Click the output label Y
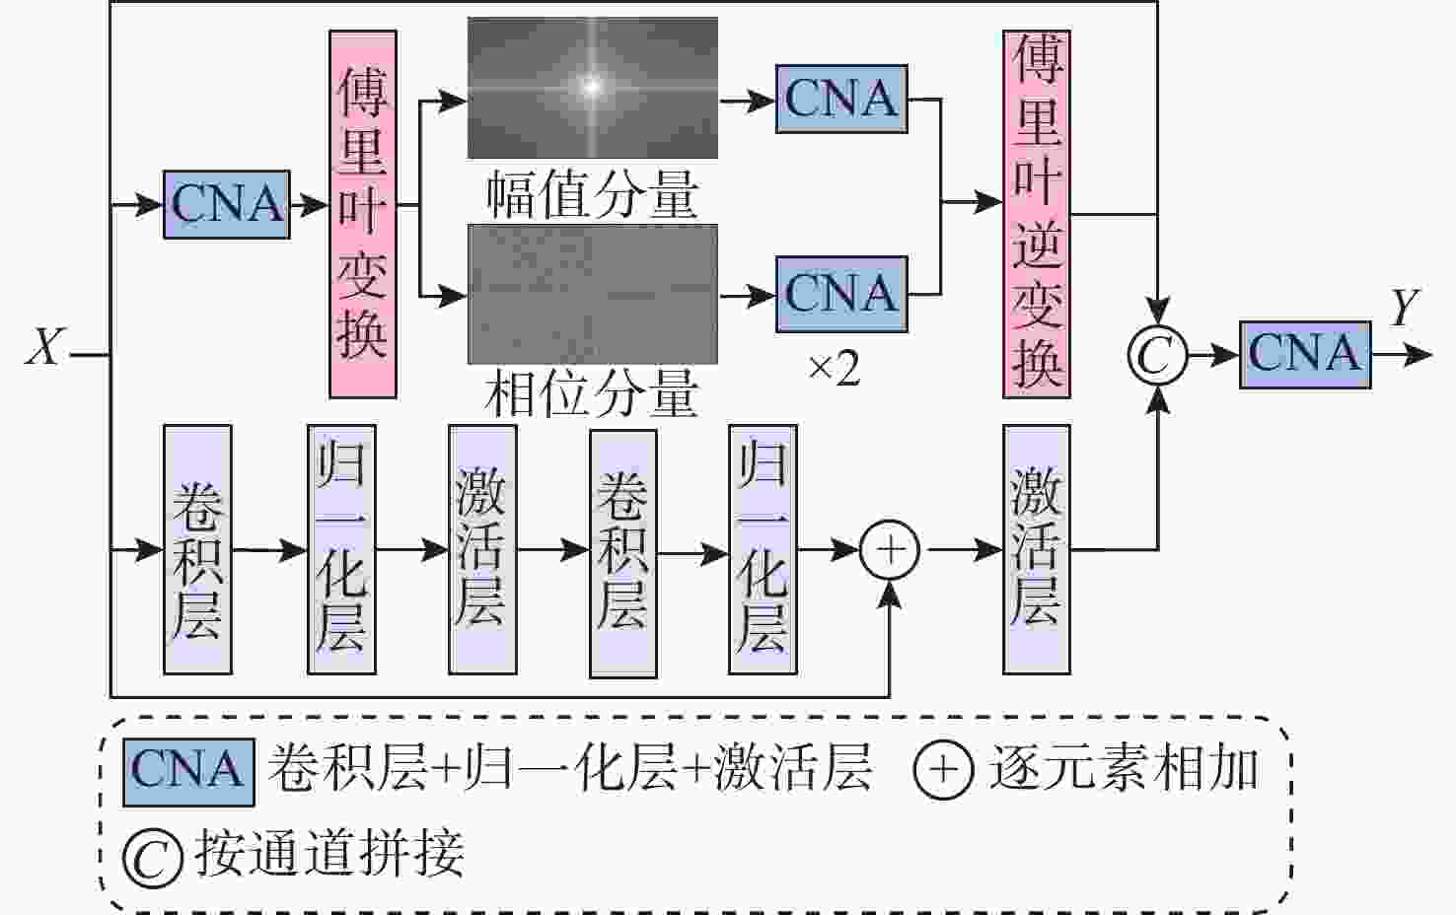pyautogui.click(x=1404, y=309)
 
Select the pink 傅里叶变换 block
pyautogui.click(x=362, y=214)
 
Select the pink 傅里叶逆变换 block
pyautogui.click(x=1037, y=214)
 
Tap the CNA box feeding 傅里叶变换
pyautogui.click(x=227, y=205)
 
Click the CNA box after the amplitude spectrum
pyautogui.click(x=841, y=99)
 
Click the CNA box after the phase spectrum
pyautogui.click(x=841, y=294)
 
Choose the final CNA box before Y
pyautogui.click(x=1304, y=354)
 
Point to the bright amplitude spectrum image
pyautogui.click(x=592, y=88)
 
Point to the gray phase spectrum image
pyautogui.click(x=592, y=294)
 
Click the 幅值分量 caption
pyautogui.click(x=592, y=194)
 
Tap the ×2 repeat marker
pyautogui.click(x=834, y=370)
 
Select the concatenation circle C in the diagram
pyautogui.click(x=1156, y=355)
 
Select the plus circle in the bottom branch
pyautogui.click(x=890, y=550)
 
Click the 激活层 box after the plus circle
pyautogui.click(x=1037, y=549)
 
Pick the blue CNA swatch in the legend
pyautogui.click(x=187, y=771)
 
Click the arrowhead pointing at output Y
pyautogui.click(x=1420, y=354)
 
